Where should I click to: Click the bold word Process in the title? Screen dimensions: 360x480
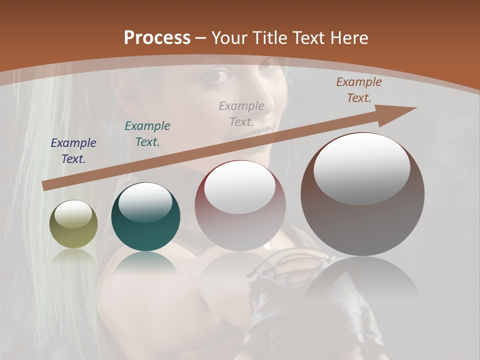157,37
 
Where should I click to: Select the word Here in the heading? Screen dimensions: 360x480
348,37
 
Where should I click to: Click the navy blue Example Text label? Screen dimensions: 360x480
73,150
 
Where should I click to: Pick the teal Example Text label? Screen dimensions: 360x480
147,133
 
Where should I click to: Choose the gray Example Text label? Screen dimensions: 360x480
241,113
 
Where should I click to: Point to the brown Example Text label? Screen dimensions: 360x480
359,90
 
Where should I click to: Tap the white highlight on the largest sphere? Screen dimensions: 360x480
361,169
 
